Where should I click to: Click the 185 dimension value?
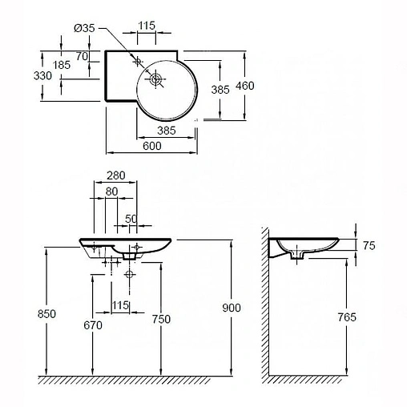click(x=62, y=65)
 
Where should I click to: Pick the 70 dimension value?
click(x=82, y=55)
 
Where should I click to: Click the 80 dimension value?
click(x=111, y=191)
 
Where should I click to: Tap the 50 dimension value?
click(x=131, y=219)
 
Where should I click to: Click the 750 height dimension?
click(x=162, y=319)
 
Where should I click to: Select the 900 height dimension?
click(x=233, y=308)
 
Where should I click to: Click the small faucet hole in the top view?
click(x=137, y=61)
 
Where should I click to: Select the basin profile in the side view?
click(x=308, y=245)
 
